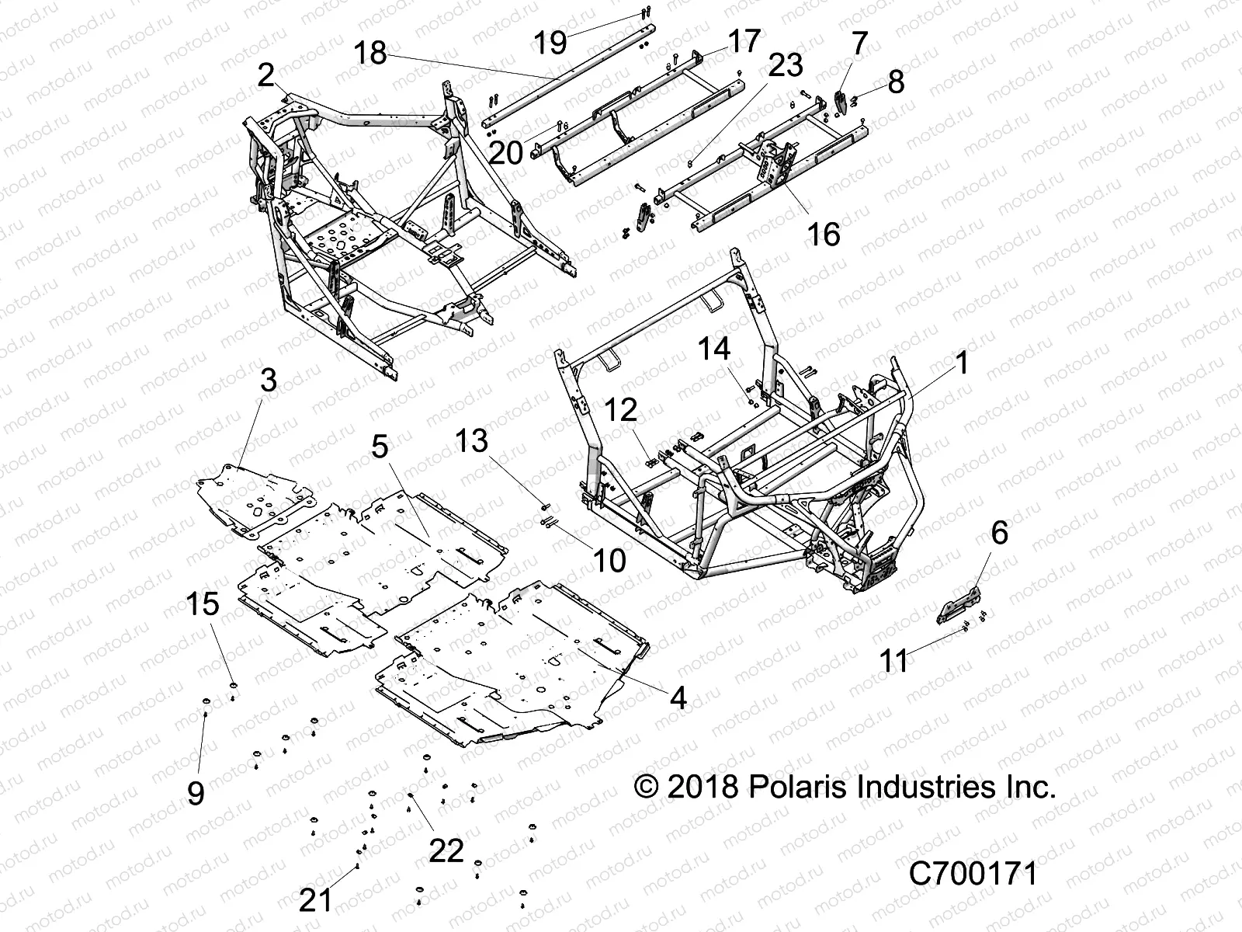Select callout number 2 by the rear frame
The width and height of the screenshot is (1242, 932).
pyautogui.click(x=266, y=76)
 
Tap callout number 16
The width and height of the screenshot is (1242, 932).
pyautogui.click(x=824, y=233)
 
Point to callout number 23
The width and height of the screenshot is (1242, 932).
pyautogui.click(x=785, y=65)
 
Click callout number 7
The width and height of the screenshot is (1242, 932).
pyautogui.click(x=859, y=44)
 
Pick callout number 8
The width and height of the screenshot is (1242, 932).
pyautogui.click(x=896, y=81)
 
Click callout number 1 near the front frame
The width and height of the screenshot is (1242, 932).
pyautogui.click(x=962, y=363)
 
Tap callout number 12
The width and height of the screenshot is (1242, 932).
pyautogui.click(x=622, y=411)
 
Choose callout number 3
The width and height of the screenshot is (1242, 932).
pyautogui.click(x=268, y=381)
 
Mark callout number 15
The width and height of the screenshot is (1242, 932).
pyautogui.click(x=203, y=603)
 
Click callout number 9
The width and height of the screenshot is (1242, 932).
pyautogui.click(x=196, y=793)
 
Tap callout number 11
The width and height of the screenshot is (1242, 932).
pyautogui.click(x=893, y=661)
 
